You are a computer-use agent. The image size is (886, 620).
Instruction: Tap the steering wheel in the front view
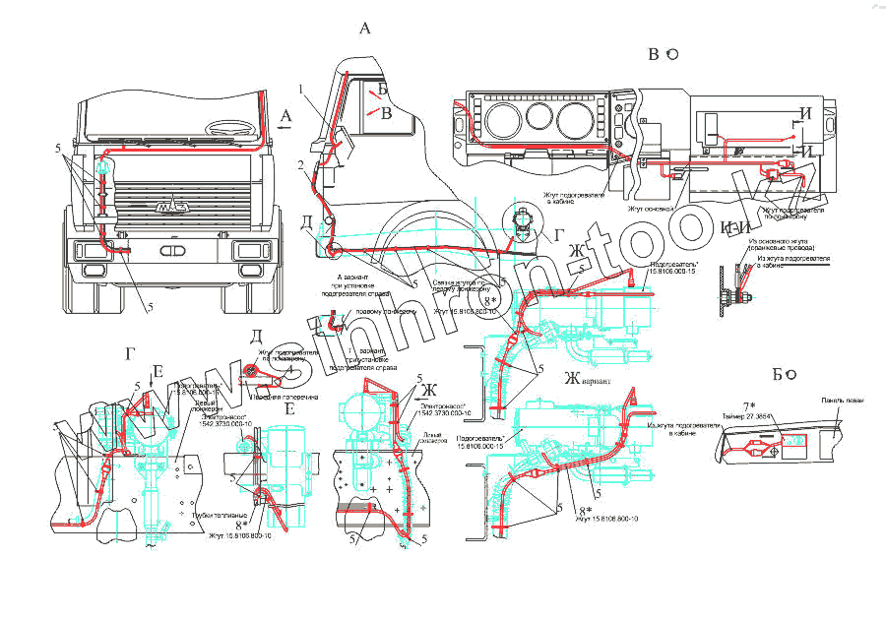tap(230, 128)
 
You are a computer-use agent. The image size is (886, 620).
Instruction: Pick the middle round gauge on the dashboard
tap(537, 118)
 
